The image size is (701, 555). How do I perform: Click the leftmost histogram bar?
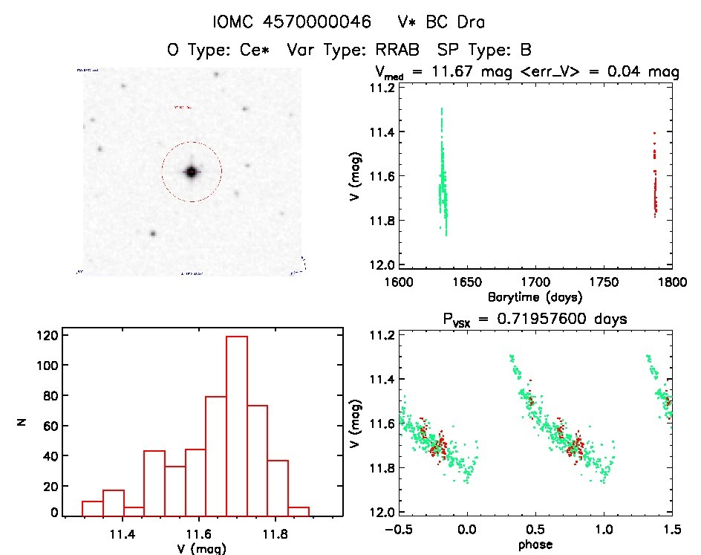(92, 508)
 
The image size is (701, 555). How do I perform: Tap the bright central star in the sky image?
(192, 172)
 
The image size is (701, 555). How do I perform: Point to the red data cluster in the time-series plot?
(655, 182)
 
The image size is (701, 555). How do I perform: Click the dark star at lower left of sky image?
(153, 233)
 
